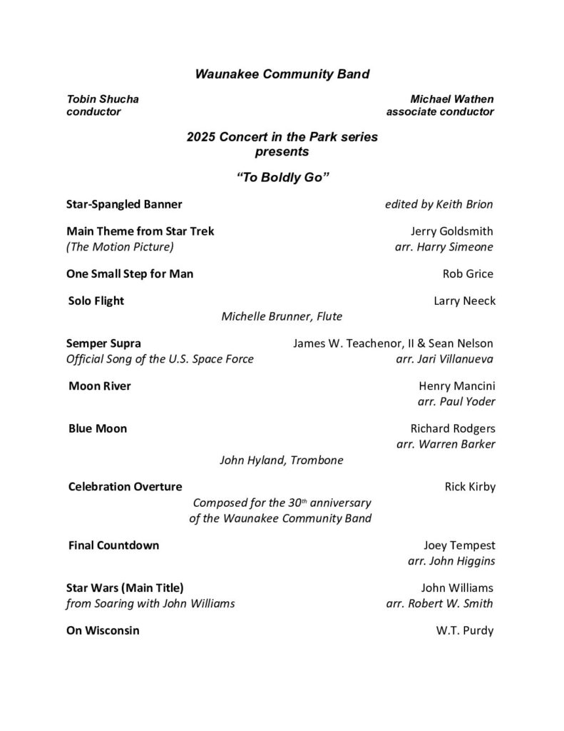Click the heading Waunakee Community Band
tap(282, 74)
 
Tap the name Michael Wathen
tap(452, 99)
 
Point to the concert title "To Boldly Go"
tap(282, 177)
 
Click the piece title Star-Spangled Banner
tap(124, 205)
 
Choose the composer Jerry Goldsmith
tap(452, 231)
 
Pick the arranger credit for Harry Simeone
tap(444, 247)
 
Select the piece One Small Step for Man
tap(130, 274)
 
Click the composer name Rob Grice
tap(468, 274)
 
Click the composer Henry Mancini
tap(456, 386)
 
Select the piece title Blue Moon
tap(98, 429)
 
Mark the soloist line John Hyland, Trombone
tap(281, 460)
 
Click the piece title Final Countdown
tap(113, 545)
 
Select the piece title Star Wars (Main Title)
tap(125, 588)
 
